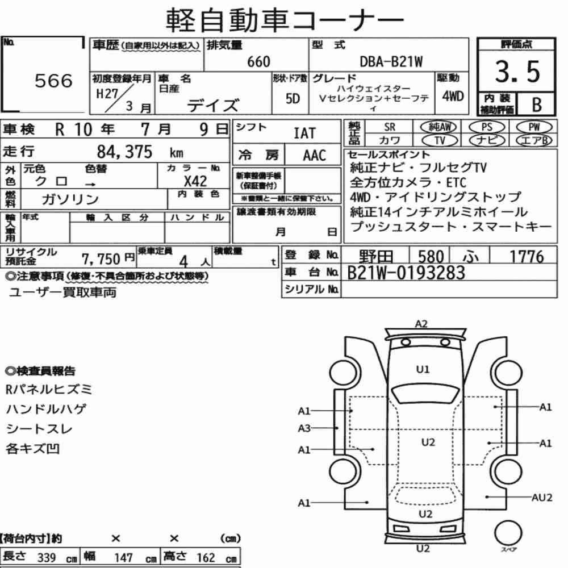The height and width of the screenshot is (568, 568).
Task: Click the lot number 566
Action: click(x=53, y=81)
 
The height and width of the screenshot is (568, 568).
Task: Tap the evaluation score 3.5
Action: click(x=517, y=72)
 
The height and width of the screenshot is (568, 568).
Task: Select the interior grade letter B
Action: click(x=537, y=105)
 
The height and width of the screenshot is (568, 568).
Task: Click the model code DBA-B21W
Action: click(x=391, y=61)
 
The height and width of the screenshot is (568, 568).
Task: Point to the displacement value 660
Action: click(x=258, y=61)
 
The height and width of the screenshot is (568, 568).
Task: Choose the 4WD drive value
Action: click(x=453, y=96)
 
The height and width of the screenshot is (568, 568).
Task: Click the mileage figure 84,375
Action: click(x=124, y=152)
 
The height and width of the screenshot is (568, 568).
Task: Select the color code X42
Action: click(x=195, y=181)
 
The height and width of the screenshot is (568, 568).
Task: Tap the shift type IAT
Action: click(x=304, y=133)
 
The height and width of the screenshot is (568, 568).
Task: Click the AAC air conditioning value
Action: click(x=315, y=156)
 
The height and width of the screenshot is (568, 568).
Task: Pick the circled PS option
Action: click(x=487, y=127)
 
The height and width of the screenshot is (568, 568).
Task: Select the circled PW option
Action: click(x=534, y=127)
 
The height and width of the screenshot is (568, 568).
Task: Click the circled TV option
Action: click(x=440, y=140)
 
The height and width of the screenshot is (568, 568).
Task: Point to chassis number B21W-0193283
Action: click(x=406, y=273)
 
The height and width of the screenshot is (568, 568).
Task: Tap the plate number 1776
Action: click(x=527, y=257)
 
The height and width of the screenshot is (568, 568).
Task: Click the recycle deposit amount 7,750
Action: click(x=101, y=259)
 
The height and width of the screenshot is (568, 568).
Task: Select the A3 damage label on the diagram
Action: click(x=304, y=428)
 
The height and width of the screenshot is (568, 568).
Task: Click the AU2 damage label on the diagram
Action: click(x=542, y=498)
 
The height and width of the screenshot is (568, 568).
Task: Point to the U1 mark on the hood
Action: click(x=423, y=370)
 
